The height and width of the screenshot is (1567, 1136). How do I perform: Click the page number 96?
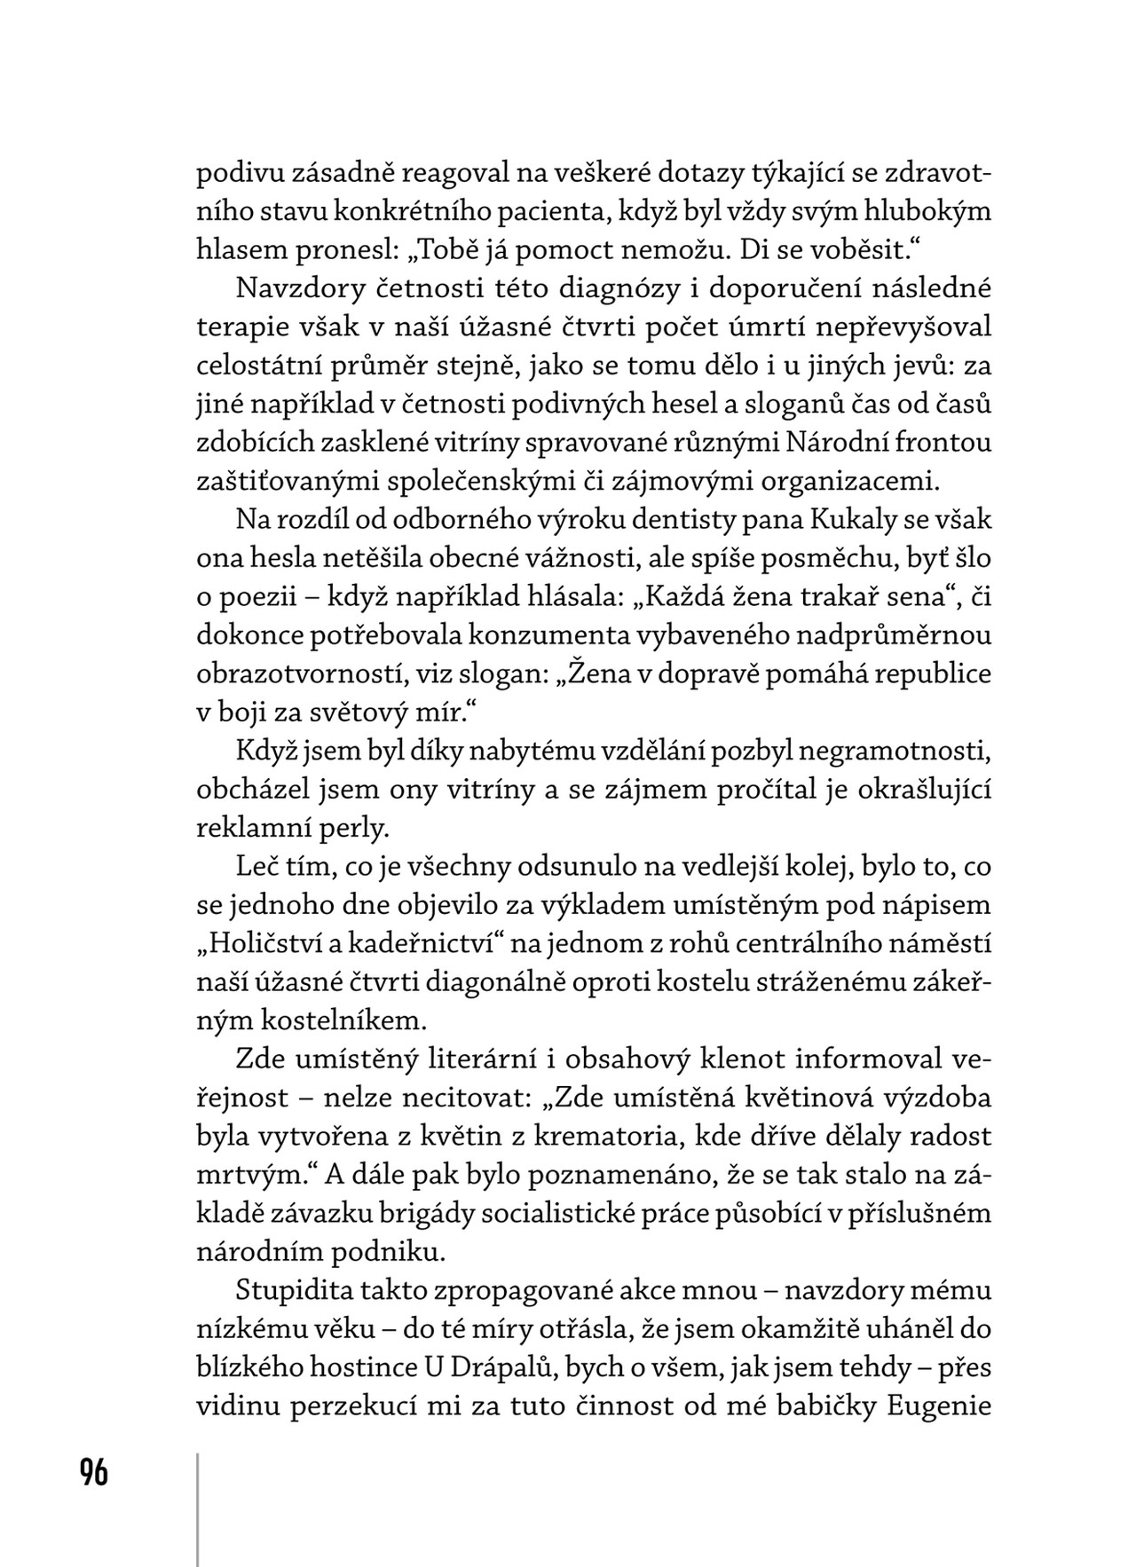click(93, 1472)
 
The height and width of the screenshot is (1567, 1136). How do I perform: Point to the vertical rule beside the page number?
click(197, 1508)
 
